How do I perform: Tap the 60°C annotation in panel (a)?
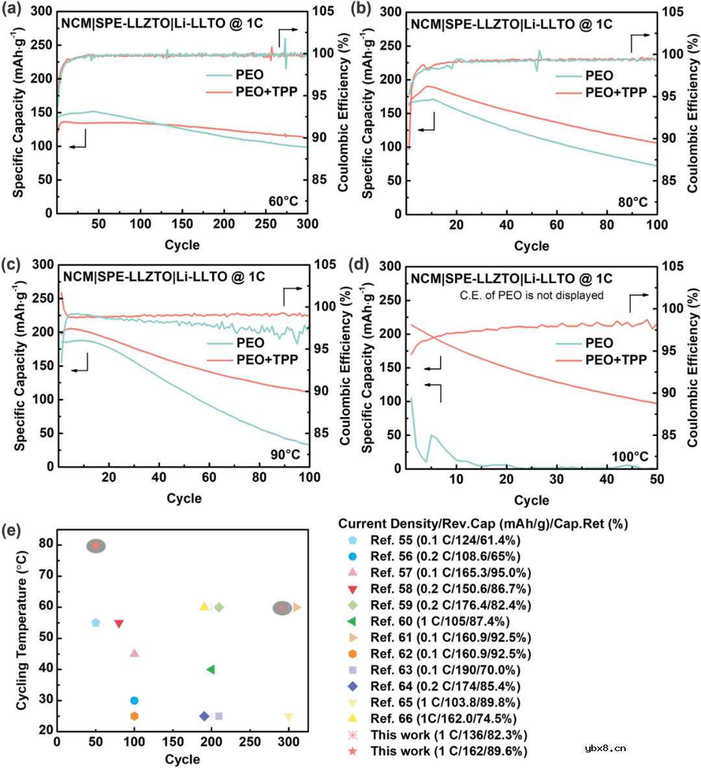click(x=283, y=201)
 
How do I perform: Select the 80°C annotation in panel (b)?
click(x=632, y=202)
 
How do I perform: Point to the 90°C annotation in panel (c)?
click(x=285, y=454)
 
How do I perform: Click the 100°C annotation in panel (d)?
click(x=630, y=457)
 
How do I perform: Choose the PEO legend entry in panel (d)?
click(x=598, y=343)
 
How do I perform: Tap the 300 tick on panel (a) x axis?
click(x=307, y=224)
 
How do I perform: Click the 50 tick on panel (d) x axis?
click(x=657, y=479)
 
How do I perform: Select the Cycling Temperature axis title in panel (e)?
click(x=22, y=630)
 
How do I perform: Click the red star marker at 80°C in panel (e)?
click(x=96, y=545)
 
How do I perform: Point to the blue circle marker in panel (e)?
click(x=134, y=700)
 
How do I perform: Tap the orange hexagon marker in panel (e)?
click(x=134, y=716)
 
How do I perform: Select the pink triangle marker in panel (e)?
click(x=134, y=653)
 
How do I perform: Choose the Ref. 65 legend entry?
click(x=445, y=702)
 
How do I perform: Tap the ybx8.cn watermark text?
click(x=605, y=748)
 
